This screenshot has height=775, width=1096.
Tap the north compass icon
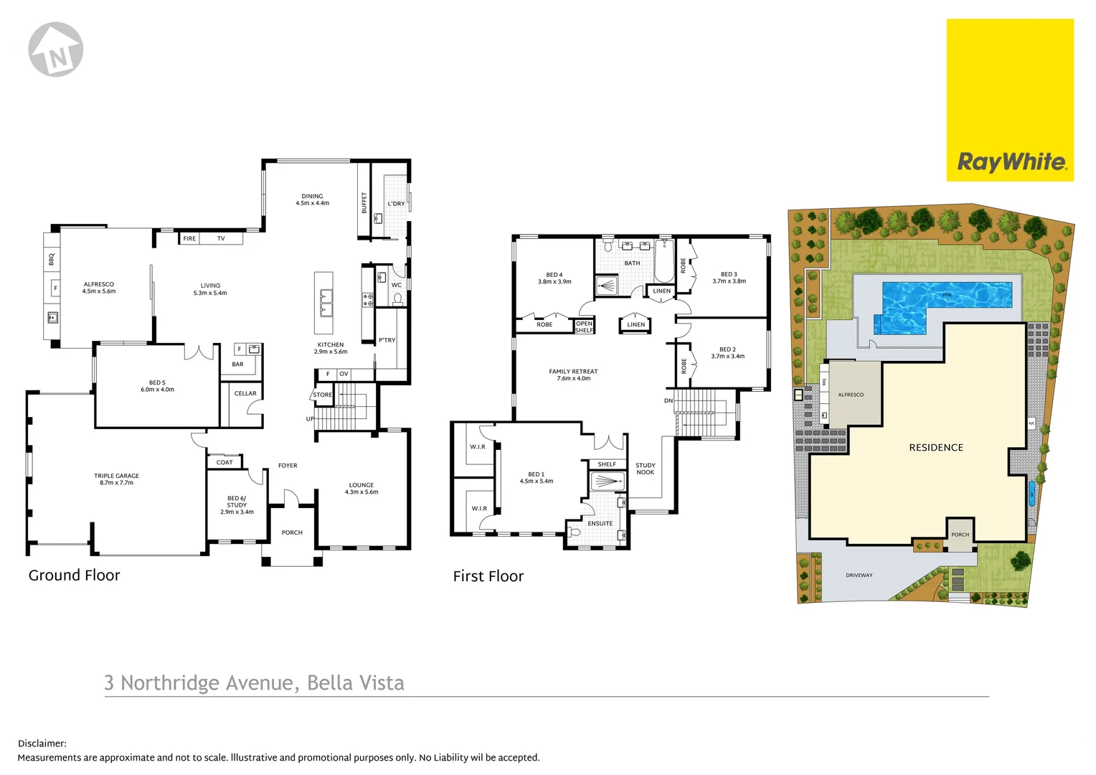point(56,50)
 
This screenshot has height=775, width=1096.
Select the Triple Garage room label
point(116,479)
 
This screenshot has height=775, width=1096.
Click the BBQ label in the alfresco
point(52,259)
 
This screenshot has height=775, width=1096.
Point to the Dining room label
point(312,199)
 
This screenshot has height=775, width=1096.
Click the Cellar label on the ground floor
point(245,393)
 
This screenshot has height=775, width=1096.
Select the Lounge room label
point(362,489)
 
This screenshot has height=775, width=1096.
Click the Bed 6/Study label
point(237,504)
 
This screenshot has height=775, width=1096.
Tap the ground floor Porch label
point(292,532)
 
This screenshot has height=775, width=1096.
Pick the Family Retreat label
point(573,375)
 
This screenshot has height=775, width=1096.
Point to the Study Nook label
point(646,469)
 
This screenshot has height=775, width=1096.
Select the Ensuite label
point(600,523)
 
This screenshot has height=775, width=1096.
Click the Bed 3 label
point(729,277)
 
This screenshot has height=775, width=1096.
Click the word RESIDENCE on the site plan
point(936,448)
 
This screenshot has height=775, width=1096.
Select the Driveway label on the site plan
point(859,576)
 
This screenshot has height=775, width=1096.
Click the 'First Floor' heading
point(488,576)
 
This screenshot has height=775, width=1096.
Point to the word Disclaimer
point(42,744)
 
